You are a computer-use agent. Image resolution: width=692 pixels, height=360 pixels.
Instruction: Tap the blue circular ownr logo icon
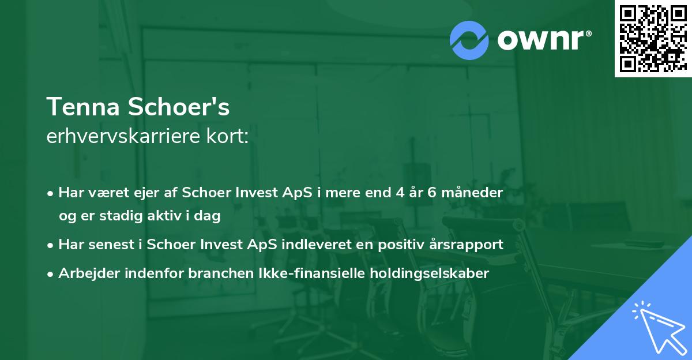469,40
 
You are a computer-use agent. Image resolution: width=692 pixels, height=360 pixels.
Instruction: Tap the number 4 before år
400,193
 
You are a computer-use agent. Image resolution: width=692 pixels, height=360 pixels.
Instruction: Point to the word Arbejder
86,273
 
